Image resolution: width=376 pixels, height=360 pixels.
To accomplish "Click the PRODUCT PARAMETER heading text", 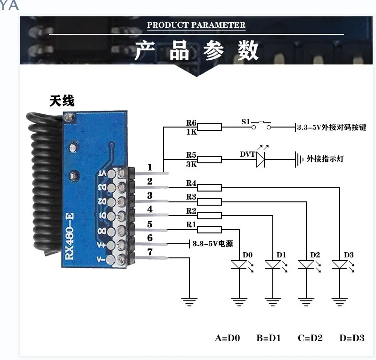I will (x=196, y=25).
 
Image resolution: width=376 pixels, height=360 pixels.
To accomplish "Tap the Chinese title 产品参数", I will (x=196, y=51).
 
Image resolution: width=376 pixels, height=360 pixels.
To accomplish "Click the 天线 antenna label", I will (x=62, y=101).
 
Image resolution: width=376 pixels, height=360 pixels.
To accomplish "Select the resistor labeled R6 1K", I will (x=209, y=127).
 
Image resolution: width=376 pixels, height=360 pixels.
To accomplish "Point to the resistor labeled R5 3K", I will (x=209, y=160).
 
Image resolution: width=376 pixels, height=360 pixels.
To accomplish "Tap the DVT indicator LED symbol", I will (x=261, y=160).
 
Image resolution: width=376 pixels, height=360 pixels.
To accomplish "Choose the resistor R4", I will (x=209, y=188).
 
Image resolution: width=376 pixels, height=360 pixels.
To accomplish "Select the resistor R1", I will (x=209, y=230).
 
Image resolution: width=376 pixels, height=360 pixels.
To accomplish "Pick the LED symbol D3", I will (x=339, y=265).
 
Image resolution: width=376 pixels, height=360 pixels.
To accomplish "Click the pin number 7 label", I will (x=150, y=252).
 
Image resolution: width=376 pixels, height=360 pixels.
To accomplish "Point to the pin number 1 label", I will (x=150, y=167).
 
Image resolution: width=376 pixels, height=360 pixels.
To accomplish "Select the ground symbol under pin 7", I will (x=189, y=301).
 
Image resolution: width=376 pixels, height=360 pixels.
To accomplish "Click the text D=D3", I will (x=351, y=338).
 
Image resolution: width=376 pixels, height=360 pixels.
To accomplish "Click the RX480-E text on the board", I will (x=69, y=236).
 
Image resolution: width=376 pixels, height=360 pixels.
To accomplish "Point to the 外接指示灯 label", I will (x=325, y=159).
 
